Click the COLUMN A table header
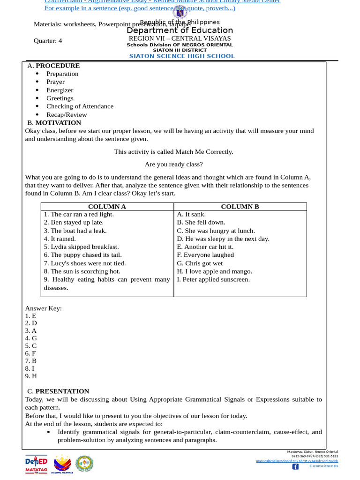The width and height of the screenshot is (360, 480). point(107,206)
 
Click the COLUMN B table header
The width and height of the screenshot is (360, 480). point(240,206)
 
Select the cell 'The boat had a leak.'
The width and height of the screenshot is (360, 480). point(75,231)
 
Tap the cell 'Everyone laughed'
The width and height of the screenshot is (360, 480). point(205,255)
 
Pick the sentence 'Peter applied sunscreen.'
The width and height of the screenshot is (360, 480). point(213,279)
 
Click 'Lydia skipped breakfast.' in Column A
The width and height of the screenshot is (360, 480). point(81,247)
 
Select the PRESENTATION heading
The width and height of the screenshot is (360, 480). point(62,391)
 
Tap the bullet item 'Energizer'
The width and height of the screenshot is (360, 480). point(60,90)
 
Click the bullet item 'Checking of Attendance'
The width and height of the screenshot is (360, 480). point(80,106)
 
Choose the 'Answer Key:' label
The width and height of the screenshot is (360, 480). point(43,308)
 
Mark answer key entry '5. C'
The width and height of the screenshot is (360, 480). point(31,346)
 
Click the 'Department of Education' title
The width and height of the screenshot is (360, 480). point(180,30)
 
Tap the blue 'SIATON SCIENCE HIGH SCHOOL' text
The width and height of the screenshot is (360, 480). point(182,56)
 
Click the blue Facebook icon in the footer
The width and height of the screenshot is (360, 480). point(295,466)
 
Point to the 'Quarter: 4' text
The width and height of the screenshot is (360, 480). point(48,41)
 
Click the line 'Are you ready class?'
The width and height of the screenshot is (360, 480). point(173,165)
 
